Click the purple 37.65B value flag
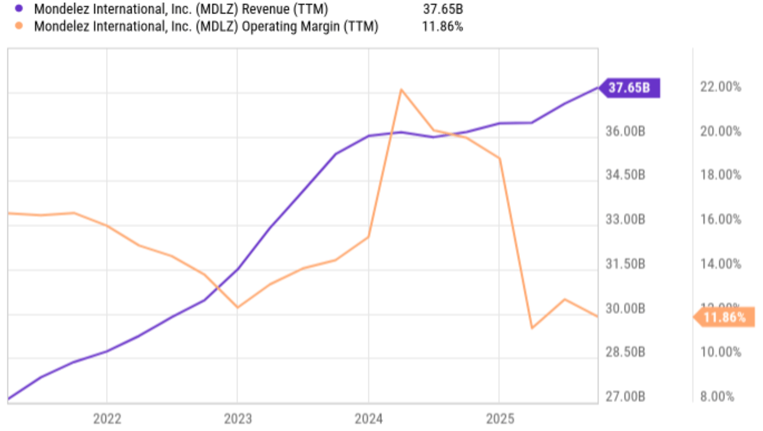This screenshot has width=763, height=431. point(629,88)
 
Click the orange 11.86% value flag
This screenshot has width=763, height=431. point(724,318)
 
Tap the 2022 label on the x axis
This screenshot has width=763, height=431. point(107,419)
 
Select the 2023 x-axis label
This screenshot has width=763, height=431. point(238,419)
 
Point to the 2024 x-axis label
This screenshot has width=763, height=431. point(368,419)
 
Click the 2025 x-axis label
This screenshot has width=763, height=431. point(500,419)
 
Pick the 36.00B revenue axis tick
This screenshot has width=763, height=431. point(625,131)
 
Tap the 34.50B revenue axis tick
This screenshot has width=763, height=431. point(625,175)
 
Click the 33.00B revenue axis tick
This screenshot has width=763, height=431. point(625,219)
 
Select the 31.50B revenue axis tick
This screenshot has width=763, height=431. point(625,264)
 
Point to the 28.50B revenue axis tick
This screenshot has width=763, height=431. point(625,352)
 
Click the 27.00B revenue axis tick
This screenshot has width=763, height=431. point(625,397)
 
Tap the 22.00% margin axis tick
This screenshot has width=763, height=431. point(720,87)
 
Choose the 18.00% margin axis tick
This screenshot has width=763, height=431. point(720,175)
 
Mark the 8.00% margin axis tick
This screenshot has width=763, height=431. point(717,397)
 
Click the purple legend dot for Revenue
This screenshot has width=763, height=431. point(19,8)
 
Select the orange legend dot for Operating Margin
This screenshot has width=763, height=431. point(19,26)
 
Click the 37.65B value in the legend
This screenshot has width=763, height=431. point(443,9)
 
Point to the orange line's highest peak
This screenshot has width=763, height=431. point(401,90)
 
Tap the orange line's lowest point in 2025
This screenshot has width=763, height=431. point(532,328)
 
